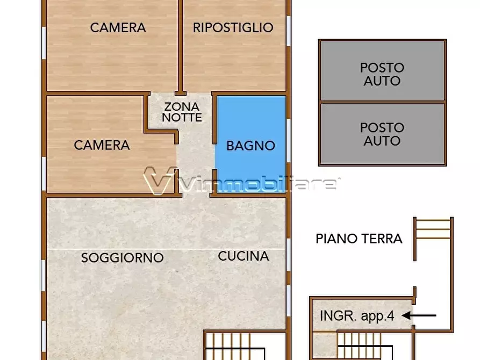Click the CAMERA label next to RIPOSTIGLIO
click(x=118, y=27)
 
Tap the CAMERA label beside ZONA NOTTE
click(x=102, y=145)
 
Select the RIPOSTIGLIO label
click(x=233, y=27)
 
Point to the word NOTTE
click(x=182, y=117)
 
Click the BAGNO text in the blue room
click(x=250, y=146)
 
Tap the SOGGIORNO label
click(x=122, y=258)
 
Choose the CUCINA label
click(x=243, y=256)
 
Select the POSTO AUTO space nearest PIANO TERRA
click(x=382, y=134)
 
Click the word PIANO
click(x=335, y=239)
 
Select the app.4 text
click(x=376, y=316)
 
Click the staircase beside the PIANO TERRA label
click(x=433, y=230)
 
